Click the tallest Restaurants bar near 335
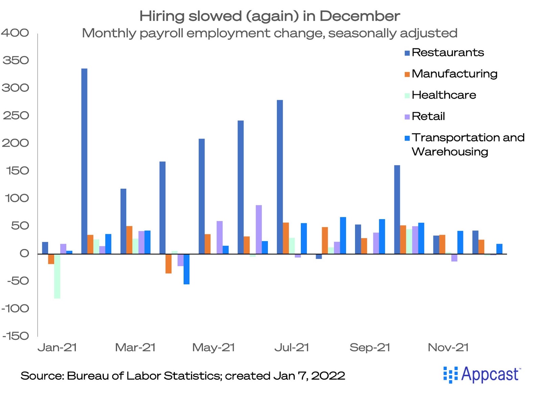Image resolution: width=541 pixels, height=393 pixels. point(84,161)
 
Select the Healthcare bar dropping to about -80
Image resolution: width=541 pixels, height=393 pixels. point(57,276)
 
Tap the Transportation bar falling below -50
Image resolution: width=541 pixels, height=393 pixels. point(186,269)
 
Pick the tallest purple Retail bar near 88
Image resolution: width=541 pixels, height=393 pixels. point(259,230)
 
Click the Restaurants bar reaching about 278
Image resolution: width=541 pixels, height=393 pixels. point(280,177)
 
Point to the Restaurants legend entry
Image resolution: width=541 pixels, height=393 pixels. point(444,53)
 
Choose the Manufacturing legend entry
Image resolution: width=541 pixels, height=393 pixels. point(451,74)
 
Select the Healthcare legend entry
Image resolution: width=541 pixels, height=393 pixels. point(440,95)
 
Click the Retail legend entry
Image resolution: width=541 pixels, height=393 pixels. point(425,116)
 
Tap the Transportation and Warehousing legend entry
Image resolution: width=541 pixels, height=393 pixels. point(465,145)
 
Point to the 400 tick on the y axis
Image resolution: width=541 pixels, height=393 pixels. point(15,33)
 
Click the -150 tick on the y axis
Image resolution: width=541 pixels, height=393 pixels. point(16,336)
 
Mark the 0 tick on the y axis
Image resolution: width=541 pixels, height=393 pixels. point(24,253)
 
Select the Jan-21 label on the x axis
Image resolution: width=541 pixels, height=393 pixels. point(57,348)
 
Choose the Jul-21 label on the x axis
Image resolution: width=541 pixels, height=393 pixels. point(292,348)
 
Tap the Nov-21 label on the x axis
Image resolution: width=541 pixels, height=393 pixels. point(448,348)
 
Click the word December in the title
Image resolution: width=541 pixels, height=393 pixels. point(360,16)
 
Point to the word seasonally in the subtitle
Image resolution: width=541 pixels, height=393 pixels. point(362,34)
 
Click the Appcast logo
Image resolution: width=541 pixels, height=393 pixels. point(482,375)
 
